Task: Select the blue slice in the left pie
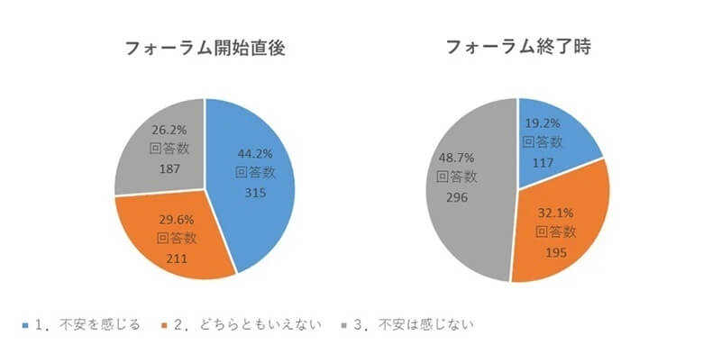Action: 261,207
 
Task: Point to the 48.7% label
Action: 456,157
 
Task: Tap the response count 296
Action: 456,195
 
